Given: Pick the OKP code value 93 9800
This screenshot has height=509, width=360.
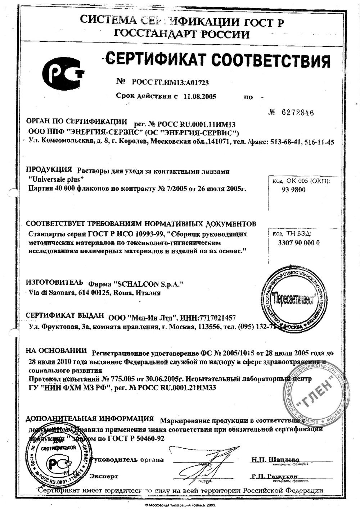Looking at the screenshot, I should (293, 190).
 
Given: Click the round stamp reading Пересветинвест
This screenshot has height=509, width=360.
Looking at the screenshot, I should (293, 298).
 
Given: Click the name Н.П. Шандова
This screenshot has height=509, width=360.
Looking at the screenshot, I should (275, 460).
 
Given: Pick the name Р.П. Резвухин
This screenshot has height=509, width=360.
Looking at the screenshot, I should (275, 476).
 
